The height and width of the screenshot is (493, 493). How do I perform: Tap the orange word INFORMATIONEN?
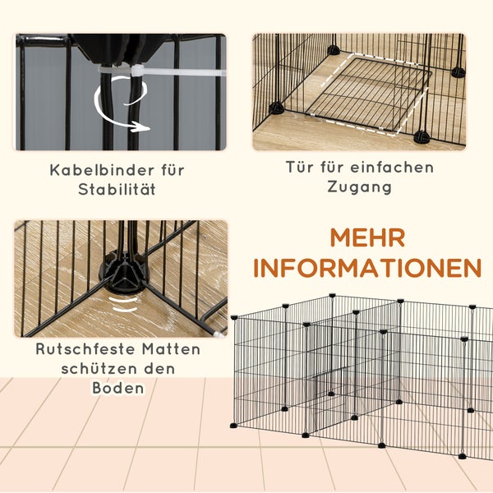(367, 268)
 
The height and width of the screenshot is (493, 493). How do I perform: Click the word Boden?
(118, 388)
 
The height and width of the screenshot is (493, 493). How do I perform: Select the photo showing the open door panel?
(358, 91)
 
